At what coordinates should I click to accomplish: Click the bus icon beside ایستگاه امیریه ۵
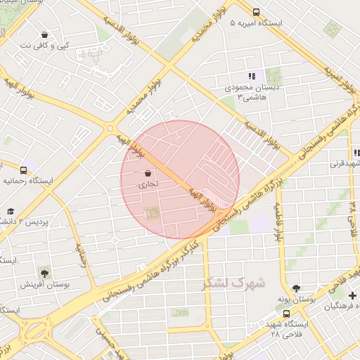[255, 12]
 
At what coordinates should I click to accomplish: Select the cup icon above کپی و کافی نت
[45, 34]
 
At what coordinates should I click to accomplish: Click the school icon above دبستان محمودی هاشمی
[251, 76]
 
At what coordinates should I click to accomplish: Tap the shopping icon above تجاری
[148, 173]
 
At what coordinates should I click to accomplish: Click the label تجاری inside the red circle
[148, 184]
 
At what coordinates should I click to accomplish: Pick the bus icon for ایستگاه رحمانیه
[24, 169]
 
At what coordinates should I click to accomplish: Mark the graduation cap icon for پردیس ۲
[11, 211]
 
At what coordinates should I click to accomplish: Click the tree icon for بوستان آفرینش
[46, 272]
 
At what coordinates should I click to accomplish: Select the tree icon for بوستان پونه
[296, 288]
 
